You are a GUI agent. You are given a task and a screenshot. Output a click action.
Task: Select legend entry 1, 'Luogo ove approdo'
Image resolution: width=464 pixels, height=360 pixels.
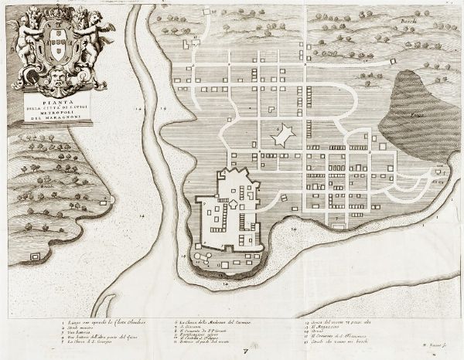pyautogui.click(x=90, y=318)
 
